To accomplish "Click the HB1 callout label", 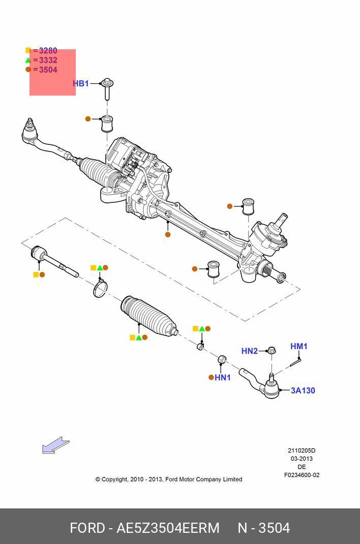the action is (80, 83).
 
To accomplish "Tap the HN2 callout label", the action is (249, 351).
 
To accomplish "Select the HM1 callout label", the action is (299, 346).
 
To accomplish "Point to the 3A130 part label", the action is (303, 390).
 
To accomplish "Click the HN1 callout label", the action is (223, 377).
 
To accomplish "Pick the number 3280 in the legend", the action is (48, 51).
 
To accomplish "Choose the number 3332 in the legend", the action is (48, 60).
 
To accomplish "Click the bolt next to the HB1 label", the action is (107, 89).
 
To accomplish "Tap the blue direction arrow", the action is (55, 445).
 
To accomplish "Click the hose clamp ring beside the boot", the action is (100, 289).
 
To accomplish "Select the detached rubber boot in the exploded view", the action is (149, 316).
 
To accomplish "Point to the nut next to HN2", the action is (272, 350).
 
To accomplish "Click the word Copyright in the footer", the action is (115, 479).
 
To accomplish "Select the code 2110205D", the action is (302, 450).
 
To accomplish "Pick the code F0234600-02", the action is (302, 475).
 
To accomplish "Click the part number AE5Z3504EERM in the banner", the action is (168, 528).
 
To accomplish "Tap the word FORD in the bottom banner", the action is (87, 528).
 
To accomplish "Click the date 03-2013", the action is (302, 459).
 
